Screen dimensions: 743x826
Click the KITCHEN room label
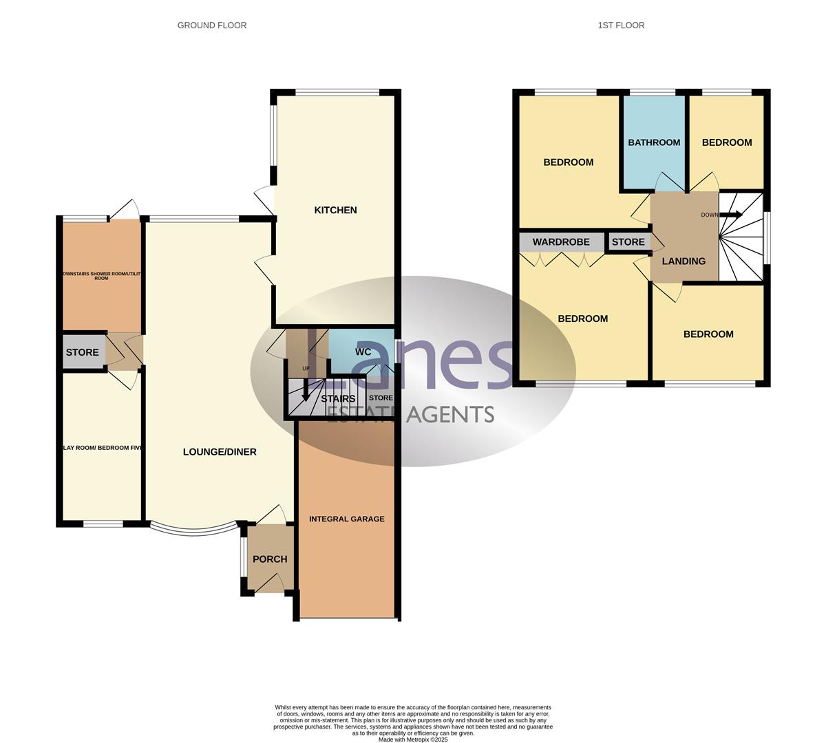335,210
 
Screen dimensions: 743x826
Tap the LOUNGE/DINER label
220,452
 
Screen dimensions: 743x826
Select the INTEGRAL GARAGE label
347,519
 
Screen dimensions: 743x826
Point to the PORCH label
270,559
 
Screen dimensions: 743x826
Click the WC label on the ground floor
363,352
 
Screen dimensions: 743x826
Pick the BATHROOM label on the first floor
654,142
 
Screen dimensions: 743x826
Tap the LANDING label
684,261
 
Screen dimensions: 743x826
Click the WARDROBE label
561,242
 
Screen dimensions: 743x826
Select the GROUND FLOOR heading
212,25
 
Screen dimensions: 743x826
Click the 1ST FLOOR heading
622,25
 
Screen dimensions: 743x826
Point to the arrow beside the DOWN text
732,215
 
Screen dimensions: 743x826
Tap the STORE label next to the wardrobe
628,242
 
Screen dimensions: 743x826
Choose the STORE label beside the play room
83,352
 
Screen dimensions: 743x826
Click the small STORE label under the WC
381,398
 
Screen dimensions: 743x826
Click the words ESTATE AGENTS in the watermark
410,414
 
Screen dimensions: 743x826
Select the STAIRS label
338,399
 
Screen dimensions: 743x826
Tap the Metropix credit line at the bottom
413,740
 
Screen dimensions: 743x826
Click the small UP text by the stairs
306,368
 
